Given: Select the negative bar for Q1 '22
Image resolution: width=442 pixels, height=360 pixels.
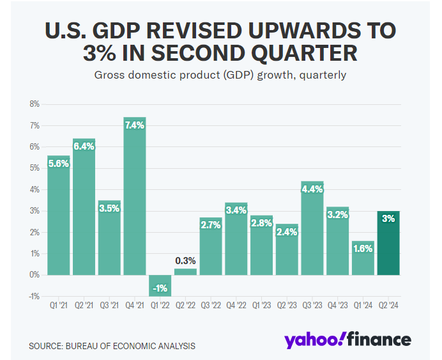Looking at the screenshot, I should point(160,285).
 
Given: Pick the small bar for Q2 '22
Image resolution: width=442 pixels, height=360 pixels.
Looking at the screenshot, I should point(185,272).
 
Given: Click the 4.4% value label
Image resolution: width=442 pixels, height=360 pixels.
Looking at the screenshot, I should point(312,189).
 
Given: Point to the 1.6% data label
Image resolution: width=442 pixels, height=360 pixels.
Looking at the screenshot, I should point(363,249).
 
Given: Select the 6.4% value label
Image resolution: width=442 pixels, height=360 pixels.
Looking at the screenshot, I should point(84,146).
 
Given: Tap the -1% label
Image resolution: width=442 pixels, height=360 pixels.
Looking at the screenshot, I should point(160,288).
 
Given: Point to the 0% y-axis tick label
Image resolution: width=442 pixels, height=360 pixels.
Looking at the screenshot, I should point(34,275).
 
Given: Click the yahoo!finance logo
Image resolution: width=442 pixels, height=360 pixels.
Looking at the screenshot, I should point(347,340).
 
